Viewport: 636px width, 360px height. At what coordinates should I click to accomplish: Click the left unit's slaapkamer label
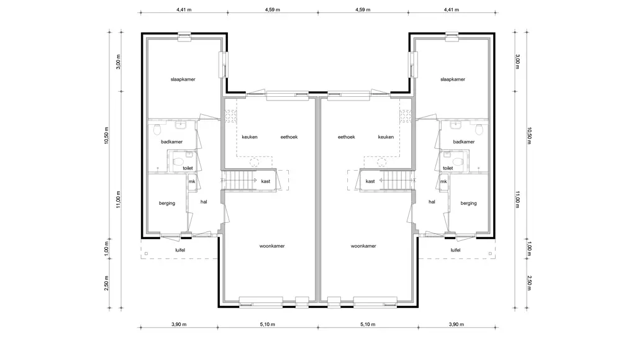(183, 79)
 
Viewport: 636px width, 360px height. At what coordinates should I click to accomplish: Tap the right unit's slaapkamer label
(453, 79)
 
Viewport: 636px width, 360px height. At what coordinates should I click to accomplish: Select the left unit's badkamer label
(171, 142)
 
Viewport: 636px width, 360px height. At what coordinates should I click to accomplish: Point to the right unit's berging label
(468, 204)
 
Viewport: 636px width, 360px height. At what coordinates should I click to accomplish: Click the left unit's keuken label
(250, 137)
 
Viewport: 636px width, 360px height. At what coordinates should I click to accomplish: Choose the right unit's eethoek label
(347, 137)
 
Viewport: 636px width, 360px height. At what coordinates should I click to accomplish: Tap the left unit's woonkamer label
(272, 246)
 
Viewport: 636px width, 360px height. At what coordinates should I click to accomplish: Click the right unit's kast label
(370, 181)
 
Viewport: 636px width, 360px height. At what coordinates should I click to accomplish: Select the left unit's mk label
(192, 182)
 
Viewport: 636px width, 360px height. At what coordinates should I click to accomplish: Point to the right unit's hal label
(432, 202)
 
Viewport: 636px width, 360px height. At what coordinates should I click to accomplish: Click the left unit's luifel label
(180, 250)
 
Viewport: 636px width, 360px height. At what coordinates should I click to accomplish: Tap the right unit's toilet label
(448, 168)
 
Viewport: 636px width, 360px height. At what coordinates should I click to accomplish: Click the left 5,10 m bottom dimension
(267, 325)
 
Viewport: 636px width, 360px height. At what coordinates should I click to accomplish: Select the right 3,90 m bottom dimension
(457, 325)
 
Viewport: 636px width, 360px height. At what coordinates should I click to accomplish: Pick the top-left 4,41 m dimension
(184, 10)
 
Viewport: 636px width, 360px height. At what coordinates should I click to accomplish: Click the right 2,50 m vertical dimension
(529, 283)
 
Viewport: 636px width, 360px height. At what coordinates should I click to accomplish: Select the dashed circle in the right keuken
(381, 163)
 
